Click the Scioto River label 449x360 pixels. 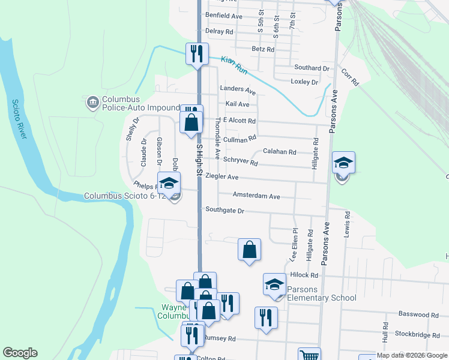point(19,119)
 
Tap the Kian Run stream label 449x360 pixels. point(234,65)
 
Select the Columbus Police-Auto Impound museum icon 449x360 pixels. point(92,103)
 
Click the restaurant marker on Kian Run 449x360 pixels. point(197,54)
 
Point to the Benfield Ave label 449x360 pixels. point(223,16)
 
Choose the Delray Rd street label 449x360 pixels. point(219,31)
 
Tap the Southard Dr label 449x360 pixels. point(312,68)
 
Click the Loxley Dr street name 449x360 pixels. point(304,82)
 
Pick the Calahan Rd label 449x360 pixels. point(279,152)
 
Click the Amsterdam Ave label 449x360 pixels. point(256,196)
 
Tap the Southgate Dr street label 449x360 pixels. point(224,211)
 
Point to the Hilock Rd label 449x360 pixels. point(304,275)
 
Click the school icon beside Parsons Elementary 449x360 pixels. point(274,284)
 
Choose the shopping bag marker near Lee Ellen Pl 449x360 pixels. point(249,250)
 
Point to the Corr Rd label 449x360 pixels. point(350,76)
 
